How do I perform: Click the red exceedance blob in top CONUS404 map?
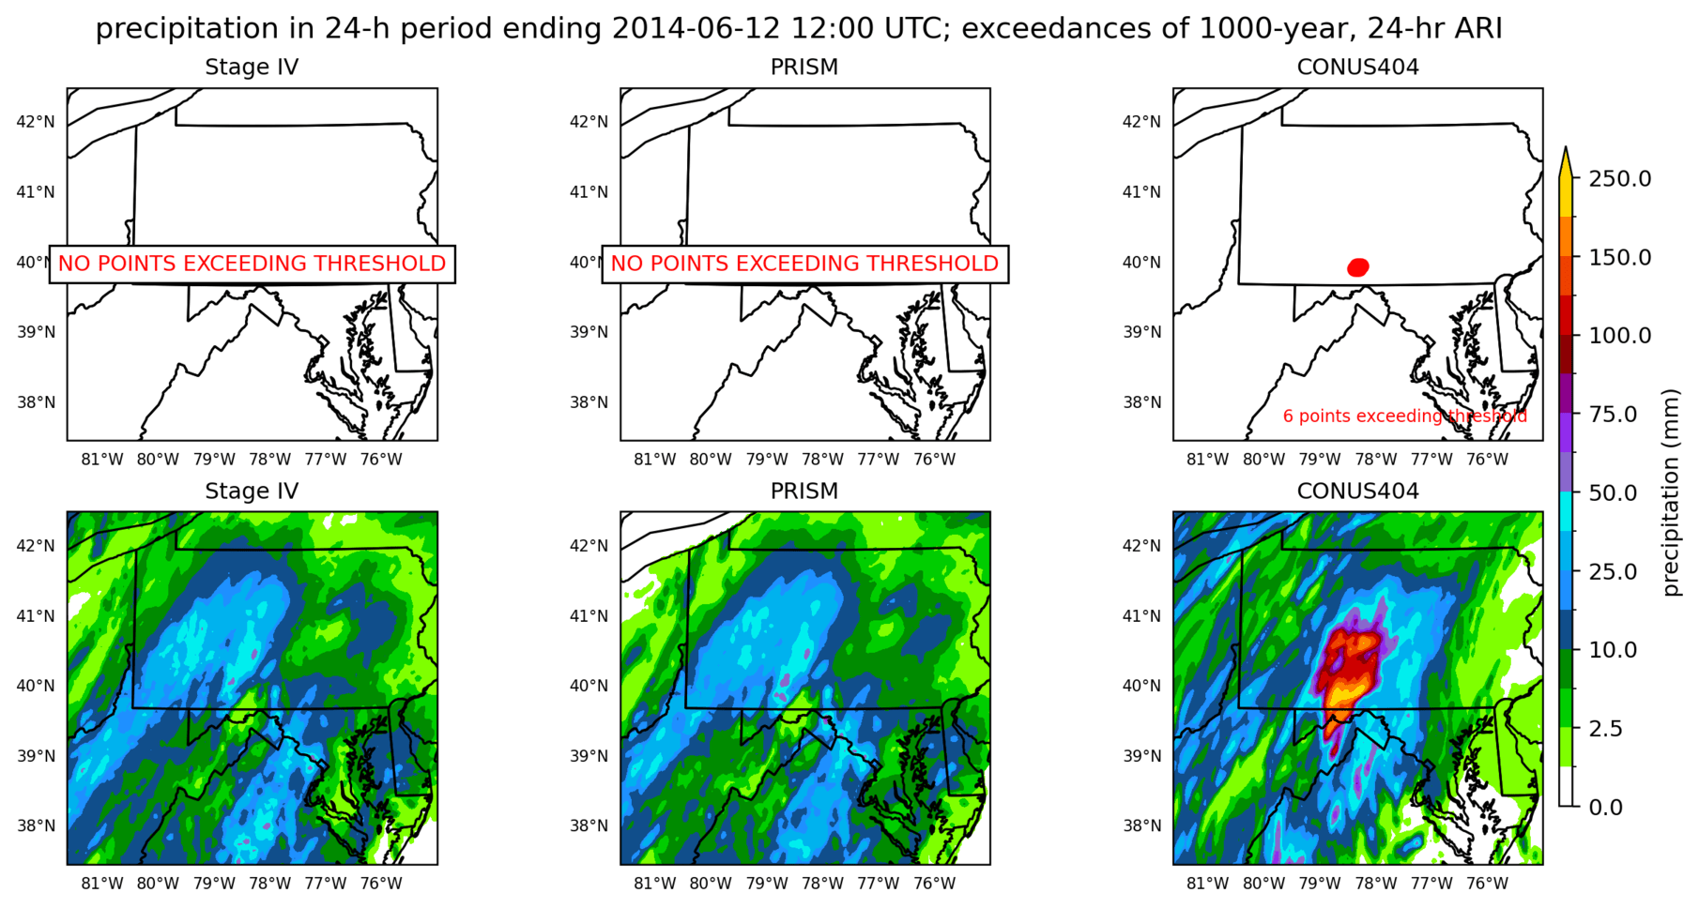(1358, 267)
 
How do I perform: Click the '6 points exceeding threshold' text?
(1404, 416)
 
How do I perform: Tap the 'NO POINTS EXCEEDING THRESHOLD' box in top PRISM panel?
(804, 264)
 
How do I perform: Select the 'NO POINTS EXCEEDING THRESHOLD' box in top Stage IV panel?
(252, 264)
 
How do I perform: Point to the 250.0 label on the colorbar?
(1619, 179)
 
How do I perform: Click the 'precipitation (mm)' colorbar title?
(1670, 492)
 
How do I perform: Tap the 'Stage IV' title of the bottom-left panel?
(252, 492)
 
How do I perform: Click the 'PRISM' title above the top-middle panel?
(804, 68)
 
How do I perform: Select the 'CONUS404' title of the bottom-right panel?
(1357, 492)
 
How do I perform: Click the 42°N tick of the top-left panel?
(36, 122)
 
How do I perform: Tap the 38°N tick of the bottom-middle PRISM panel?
(589, 826)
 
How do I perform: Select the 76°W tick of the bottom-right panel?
(1487, 884)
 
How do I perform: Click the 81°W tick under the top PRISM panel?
(655, 460)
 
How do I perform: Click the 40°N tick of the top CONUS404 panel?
(1141, 263)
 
